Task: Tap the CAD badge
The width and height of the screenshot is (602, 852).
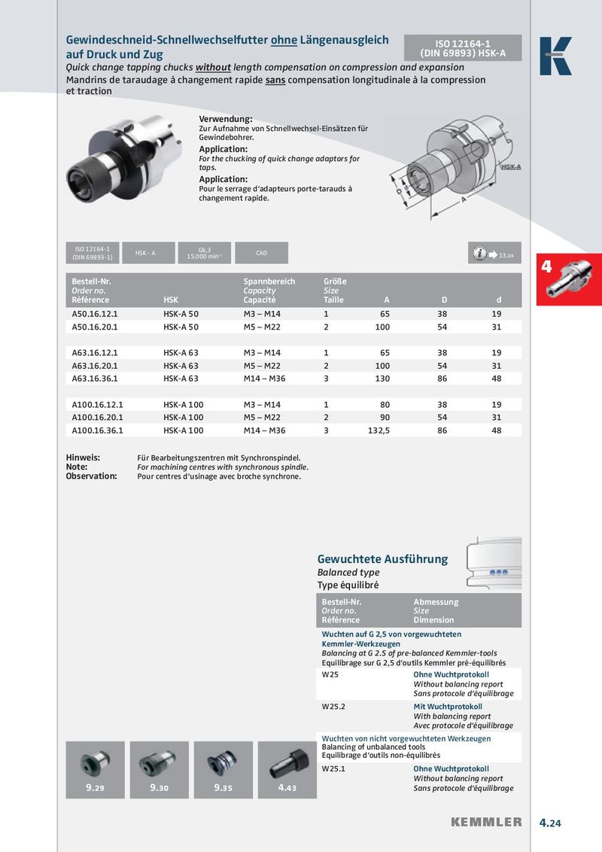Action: point(261,253)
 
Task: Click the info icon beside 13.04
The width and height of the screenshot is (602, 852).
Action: point(478,254)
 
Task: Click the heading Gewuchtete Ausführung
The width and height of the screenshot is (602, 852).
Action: point(382,559)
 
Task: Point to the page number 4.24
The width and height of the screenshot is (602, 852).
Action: point(550,823)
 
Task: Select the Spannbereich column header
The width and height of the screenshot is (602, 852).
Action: point(269,281)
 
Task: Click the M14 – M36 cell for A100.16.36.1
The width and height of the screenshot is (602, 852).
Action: point(264,431)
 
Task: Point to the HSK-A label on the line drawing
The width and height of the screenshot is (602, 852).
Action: point(511,166)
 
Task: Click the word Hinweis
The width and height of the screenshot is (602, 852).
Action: point(83,457)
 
